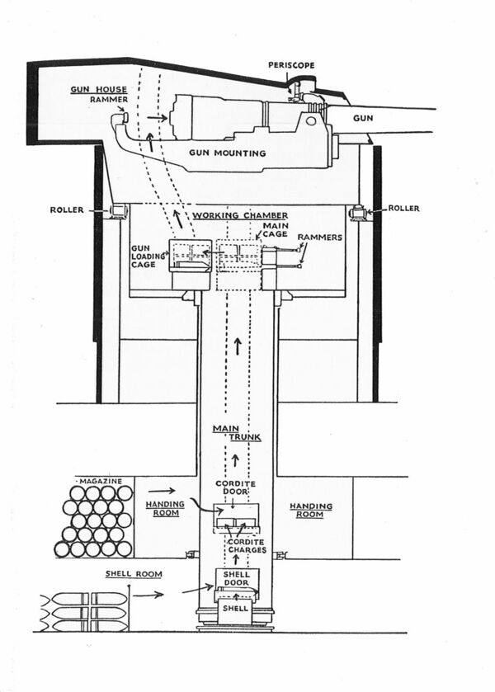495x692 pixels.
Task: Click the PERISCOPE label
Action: pyautogui.click(x=293, y=64)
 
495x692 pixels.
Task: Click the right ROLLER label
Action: pyautogui.click(x=404, y=209)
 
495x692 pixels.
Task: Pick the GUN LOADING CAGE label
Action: pyautogui.click(x=148, y=256)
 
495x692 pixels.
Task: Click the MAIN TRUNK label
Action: pyautogui.click(x=225, y=434)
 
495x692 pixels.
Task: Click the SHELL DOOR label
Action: pyautogui.click(x=237, y=580)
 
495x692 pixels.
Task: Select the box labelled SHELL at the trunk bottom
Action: pyautogui.click(x=237, y=610)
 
